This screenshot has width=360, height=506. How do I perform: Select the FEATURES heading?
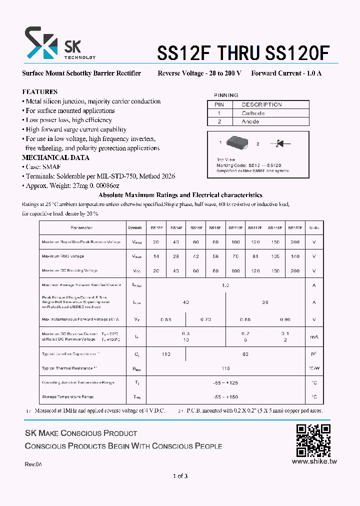coord(39,92)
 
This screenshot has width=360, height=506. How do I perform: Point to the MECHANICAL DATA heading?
coord(55,157)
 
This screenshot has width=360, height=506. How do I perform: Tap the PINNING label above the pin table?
coord(226,95)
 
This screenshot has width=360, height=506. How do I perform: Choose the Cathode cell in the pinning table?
coord(253,113)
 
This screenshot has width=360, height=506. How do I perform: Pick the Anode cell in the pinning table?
coord(250,121)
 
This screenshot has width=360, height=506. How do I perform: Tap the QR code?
coord(313,440)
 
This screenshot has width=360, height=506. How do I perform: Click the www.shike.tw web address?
coord(314,461)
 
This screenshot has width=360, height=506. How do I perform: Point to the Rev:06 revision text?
coord(33,464)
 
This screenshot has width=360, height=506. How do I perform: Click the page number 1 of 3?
coord(180,476)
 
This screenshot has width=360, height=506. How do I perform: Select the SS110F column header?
coord(235,227)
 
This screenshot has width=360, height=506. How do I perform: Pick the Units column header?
coord(313,227)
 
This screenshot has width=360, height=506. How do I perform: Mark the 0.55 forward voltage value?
coord(165,319)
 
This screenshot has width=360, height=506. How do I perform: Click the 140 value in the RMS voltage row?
coord(295,256)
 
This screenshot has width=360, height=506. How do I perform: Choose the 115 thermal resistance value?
coord(225,368)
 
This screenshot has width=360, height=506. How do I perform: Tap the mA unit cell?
coord(313,337)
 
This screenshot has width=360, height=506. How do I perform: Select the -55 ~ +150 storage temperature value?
coord(225,396)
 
